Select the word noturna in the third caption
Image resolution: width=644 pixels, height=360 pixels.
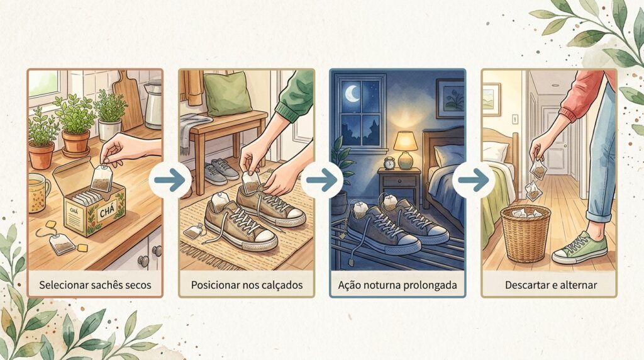[386, 285]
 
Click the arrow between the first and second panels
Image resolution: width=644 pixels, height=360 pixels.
[170, 180]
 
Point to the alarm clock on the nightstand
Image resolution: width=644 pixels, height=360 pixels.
[389, 163]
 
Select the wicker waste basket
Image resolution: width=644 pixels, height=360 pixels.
[525, 233]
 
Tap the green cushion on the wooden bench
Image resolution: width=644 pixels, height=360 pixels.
[227, 93]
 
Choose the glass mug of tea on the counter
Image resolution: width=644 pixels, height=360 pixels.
[38, 193]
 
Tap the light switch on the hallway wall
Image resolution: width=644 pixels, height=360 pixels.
[515, 119]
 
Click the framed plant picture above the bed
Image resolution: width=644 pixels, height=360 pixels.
[450, 98]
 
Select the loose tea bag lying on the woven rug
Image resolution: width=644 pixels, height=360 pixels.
[193, 232]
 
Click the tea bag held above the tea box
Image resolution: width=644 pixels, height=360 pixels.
[101, 178]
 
